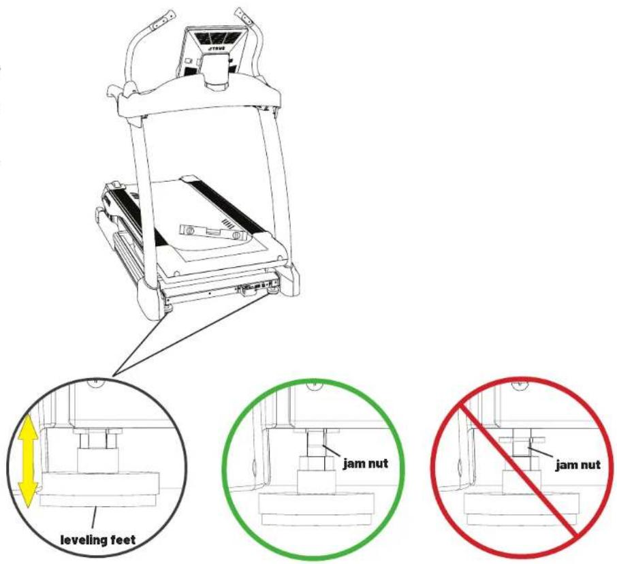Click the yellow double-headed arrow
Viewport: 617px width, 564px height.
coord(29,461)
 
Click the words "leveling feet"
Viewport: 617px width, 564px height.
coord(97,539)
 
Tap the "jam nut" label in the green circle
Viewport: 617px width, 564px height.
coord(366,464)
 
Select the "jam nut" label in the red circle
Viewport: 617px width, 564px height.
coord(578,465)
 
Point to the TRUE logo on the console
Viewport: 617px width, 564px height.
coord(216,50)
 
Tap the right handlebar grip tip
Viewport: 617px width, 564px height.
coord(244,18)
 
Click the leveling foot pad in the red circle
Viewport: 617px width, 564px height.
coord(522,509)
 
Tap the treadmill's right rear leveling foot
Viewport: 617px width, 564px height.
coord(272,292)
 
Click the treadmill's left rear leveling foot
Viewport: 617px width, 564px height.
coord(169,309)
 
